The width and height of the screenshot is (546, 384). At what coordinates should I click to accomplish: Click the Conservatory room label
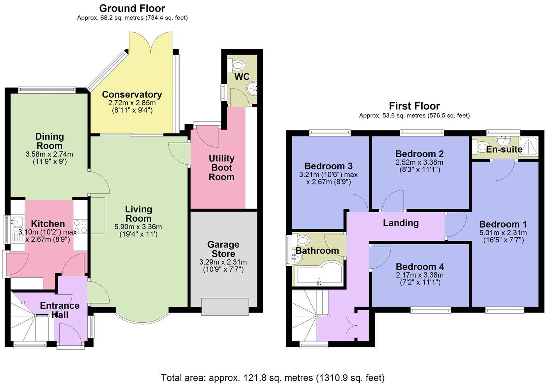click(132, 94)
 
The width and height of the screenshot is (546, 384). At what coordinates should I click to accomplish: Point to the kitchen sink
click(16, 222)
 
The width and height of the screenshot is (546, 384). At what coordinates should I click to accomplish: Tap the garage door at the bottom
click(225, 307)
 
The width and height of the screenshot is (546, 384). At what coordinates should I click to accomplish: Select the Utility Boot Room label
click(221, 168)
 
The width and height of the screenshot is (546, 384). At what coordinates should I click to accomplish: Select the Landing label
click(401, 223)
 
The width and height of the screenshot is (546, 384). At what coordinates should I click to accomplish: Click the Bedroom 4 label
click(420, 267)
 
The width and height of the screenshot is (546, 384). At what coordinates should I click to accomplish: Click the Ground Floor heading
click(132, 8)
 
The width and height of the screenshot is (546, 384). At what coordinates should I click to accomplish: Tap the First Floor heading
click(414, 106)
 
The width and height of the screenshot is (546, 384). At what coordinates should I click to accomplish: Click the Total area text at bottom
click(273, 377)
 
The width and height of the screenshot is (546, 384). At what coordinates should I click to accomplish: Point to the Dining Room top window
click(47, 89)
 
